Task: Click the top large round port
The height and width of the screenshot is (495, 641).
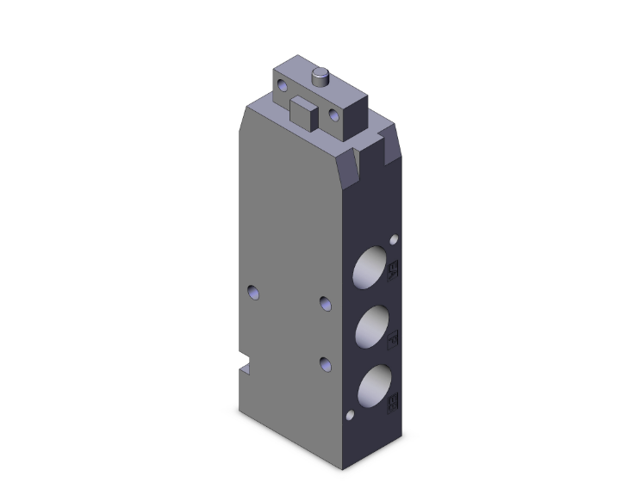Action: point(370,271)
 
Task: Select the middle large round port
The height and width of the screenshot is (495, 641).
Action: point(370,326)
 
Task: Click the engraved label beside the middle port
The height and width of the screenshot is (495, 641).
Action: point(395,337)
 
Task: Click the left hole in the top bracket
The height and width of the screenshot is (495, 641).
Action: point(281,84)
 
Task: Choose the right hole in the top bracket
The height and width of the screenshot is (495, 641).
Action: point(334,114)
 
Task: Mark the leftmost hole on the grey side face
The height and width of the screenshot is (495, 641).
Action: point(252,293)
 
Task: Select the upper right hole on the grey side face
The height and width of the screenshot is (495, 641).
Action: point(325,302)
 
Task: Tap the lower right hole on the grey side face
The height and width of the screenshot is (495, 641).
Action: point(325,363)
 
